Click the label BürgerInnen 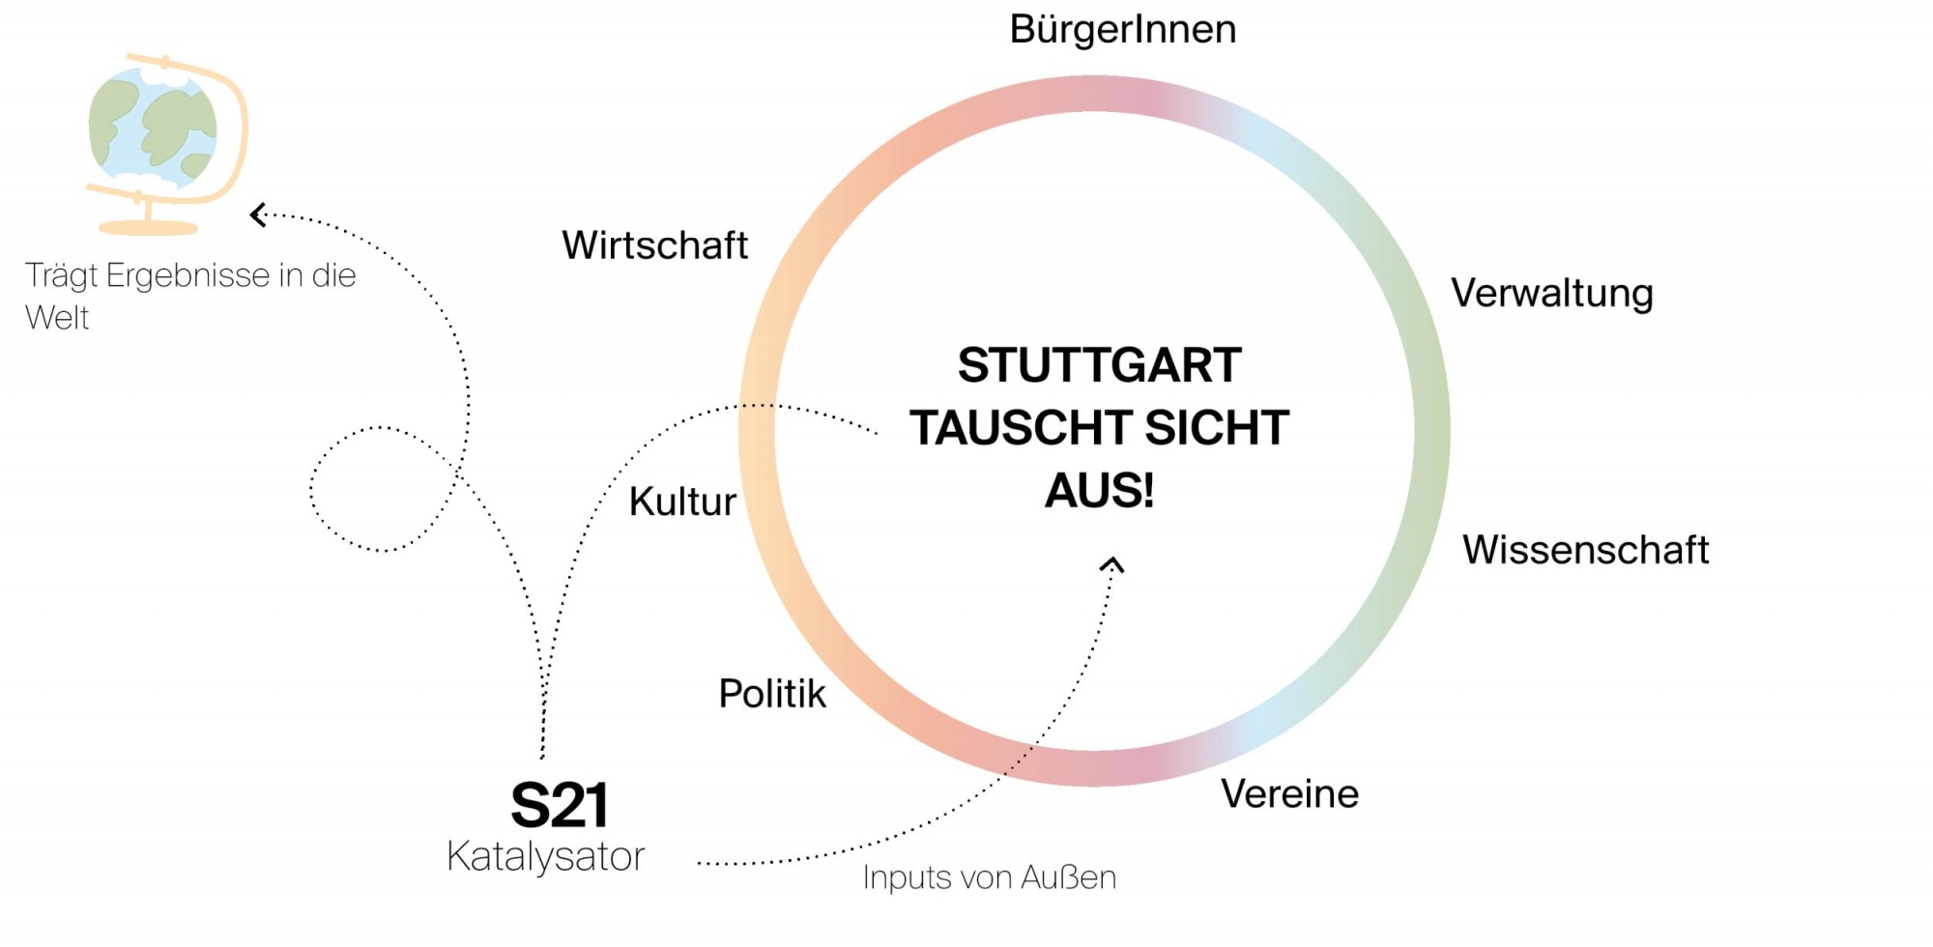1122,29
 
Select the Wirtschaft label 654,245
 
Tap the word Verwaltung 1551,294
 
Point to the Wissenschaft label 1585,550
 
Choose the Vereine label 1289,794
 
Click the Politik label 772,694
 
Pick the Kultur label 682,502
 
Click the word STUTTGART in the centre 1099,365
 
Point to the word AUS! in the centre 1099,491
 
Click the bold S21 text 560,805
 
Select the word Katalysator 545,857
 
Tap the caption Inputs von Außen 989,877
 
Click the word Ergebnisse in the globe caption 188,276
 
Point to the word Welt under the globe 57,318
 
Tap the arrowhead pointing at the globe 258,215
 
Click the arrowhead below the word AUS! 1111,563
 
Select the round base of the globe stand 148,228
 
